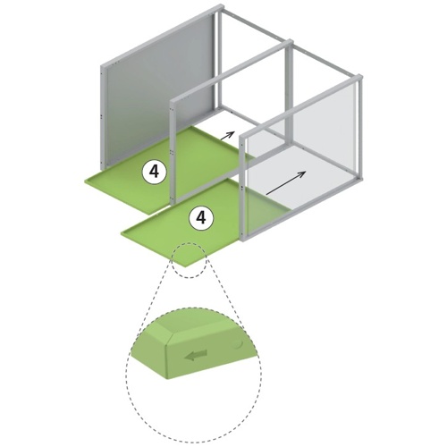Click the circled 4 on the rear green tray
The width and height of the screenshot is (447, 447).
pyautogui.click(x=154, y=172)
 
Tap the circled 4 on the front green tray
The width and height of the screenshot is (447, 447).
pyautogui.click(x=201, y=218)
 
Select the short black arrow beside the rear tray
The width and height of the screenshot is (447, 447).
pyautogui.click(x=227, y=135)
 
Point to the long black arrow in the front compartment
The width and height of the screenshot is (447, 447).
pyautogui.click(x=286, y=183)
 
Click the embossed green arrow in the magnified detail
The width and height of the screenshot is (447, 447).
pyautogui.click(x=196, y=355)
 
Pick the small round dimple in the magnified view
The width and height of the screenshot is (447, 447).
pyautogui.click(x=239, y=344)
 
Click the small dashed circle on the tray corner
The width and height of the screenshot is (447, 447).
pyautogui.click(x=189, y=260)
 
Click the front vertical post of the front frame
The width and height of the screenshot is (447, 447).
pyautogui.click(x=243, y=189)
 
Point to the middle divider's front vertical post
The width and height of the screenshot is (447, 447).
pyautogui.click(x=173, y=153)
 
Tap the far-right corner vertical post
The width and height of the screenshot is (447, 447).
pyautogui.click(x=360, y=128)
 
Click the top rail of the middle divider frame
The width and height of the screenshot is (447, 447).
pyautogui.click(x=231, y=71)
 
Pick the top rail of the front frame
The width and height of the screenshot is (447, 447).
pyautogui.click(x=301, y=106)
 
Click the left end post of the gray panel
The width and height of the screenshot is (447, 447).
pyautogui.click(x=104, y=115)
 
